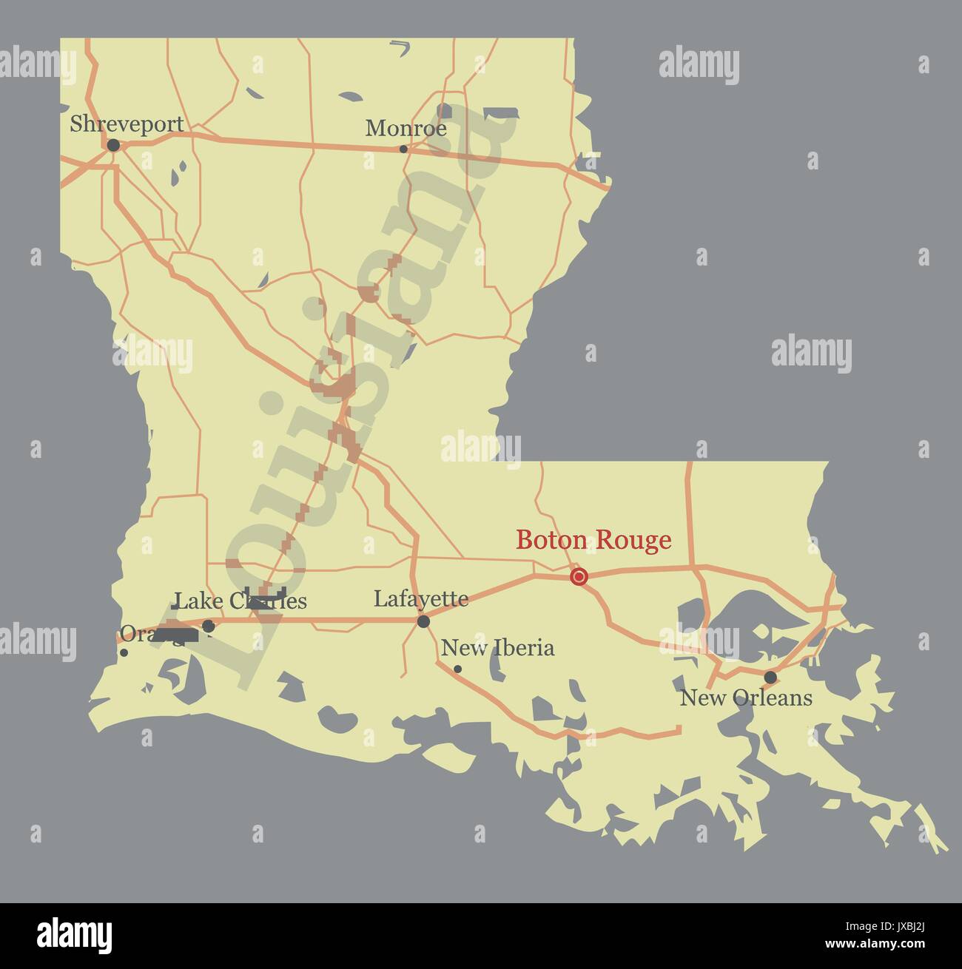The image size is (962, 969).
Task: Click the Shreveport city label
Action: [x=127, y=124]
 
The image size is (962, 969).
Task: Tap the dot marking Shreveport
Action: [x=113, y=146]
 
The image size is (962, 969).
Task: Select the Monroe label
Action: [x=406, y=128]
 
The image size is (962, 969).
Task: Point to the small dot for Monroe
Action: [x=403, y=149]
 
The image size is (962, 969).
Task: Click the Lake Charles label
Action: [x=240, y=600]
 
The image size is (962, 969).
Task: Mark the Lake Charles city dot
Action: [x=209, y=627]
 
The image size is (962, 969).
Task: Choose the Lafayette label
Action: [x=420, y=598]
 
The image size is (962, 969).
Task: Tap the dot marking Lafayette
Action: [x=423, y=621]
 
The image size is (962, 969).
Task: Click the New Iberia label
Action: [x=497, y=648]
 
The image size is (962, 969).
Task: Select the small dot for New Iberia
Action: [x=457, y=669]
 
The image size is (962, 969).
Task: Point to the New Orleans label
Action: [x=746, y=697]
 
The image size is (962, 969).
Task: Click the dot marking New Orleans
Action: [x=770, y=677]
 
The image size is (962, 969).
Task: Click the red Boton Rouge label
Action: [x=593, y=540]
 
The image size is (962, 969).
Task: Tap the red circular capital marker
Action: [x=579, y=576]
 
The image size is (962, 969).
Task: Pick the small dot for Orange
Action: [x=124, y=652]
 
